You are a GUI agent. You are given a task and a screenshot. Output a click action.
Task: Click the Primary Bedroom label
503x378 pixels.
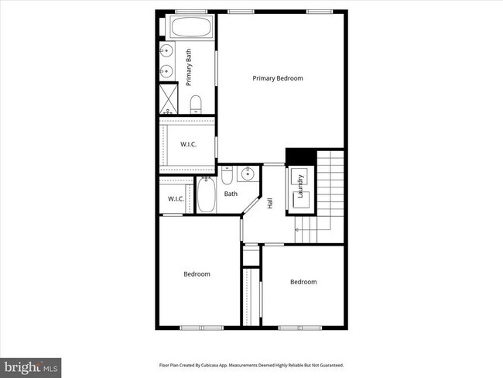pyautogui.click(x=277, y=78)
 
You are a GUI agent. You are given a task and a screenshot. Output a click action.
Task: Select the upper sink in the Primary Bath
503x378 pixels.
pyautogui.click(x=166, y=52)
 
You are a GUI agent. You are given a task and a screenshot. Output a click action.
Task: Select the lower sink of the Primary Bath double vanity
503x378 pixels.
pyautogui.click(x=166, y=72)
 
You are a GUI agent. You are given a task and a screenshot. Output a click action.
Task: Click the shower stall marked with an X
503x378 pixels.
pyautogui.click(x=169, y=98)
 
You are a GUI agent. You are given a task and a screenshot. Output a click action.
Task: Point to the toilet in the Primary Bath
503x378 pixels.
pyautogui.click(x=196, y=105)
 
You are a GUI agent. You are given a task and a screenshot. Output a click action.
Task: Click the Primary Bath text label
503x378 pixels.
pyautogui.click(x=188, y=67)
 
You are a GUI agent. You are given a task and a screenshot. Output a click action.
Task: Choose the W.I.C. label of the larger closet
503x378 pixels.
pyautogui.click(x=188, y=145)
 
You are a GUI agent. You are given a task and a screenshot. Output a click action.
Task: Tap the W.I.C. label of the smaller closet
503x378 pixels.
pyautogui.click(x=176, y=199)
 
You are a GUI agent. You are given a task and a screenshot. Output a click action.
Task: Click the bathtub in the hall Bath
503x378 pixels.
pyautogui.click(x=206, y=195)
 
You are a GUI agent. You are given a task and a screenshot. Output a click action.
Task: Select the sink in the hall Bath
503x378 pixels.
pyautogui.click(x=248, y=174)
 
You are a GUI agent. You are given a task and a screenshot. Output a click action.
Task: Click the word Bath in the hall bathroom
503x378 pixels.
pyautogui.click(x=231, y=194)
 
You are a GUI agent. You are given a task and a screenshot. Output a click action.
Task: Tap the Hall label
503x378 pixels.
pyautogui.click(x=270, y=204)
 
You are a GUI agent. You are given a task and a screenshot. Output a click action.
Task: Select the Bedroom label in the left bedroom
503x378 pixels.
pyautogui.click(x=197, y=273)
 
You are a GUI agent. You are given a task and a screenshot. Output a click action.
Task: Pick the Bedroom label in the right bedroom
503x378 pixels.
pyautogui.click(x=303, y=282)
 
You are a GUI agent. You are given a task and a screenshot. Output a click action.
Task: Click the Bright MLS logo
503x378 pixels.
pyautogui.click(x=32, y=366)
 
